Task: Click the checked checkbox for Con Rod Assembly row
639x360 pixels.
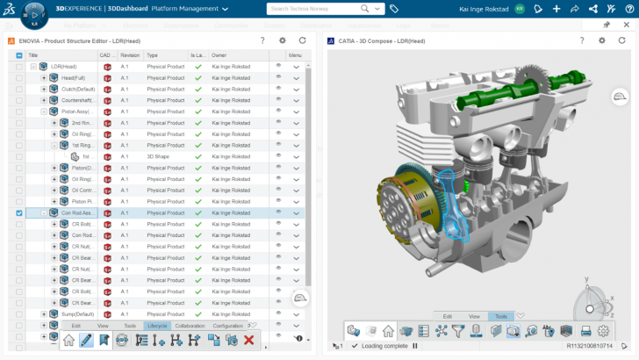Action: pyautogui.click(x=19, y=212)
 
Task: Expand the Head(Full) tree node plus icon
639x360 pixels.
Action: pyautogui.click(x=44, y=77)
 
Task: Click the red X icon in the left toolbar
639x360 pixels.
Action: pyautogui.click(x=249, y=340)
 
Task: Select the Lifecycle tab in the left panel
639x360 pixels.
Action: pyautogui.click(x=157, y=326)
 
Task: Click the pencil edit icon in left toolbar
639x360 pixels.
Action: pyautogui.click(x=86, y=340)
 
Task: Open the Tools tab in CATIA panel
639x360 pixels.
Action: pyautogui.click(x=501, y=315)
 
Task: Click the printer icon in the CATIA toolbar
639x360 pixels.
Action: pyautogui.click(x=585, y=331)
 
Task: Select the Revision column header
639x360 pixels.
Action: pyautogui.click(x=130, y=55)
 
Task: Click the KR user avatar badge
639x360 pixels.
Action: pyautogui.click(x=519, y=9)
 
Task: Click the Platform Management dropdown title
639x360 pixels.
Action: pyautogui.click(x=189, y=9)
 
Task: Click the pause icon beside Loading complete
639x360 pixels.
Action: pyautogui.click(x=414, y=346)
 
